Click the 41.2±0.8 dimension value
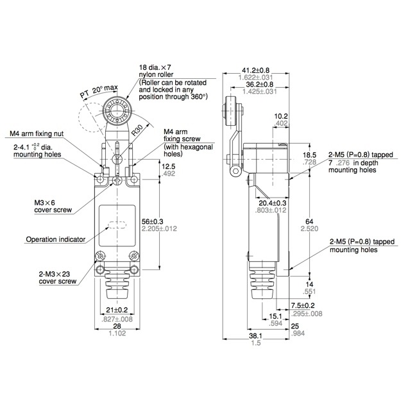(x=255, y=71)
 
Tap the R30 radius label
(x=137, y=130)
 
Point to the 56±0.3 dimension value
(x=152, y=221)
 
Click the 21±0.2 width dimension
(x=117, y=310)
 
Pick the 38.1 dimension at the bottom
(x=255, y=336)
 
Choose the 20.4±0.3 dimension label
(x=272, y=203)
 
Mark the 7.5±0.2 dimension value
(x=303, y=305)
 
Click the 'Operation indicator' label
(x=56, y=239)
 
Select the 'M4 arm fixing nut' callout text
(x=37, y=133)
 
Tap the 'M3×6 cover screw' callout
(x=53, y=207)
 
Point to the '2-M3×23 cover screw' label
(x=58, y=278)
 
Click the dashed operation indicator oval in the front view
(x=117, y=225)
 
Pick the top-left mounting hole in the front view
(x=100, y=179)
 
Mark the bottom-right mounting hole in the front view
(x=134, y=269)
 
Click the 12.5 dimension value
(x=168, y=166)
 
